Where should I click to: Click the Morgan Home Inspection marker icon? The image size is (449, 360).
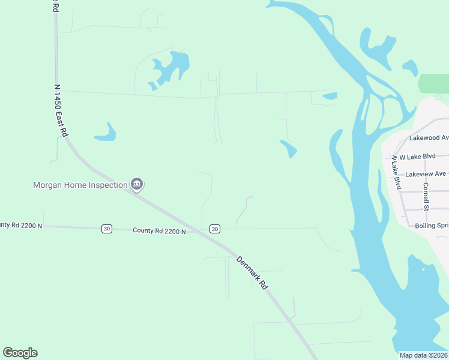[x=137, y=184]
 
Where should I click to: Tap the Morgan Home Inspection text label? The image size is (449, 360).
[x=80, y=185]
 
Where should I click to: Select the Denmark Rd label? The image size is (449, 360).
[x=252, y=274]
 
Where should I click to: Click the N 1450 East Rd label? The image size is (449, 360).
[x=58, y=112]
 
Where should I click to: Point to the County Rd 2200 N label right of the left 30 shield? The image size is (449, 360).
[x=159, y=230]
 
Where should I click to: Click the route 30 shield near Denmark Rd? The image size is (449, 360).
[x=215, y=229]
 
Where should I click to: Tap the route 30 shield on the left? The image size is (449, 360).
[x=106, y=229]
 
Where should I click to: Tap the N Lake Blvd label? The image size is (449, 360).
[x=396, y=173]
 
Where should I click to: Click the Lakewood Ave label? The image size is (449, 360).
[x=429, y=137]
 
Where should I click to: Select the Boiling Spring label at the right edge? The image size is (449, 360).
[x=432, y=226]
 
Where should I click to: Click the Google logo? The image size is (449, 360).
[x=20, y=353]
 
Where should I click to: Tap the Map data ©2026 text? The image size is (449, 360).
[x=423, y=355]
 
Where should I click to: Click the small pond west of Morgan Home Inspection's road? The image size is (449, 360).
[x=106, y=133]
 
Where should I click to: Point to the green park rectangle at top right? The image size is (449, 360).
[x=433, y=83]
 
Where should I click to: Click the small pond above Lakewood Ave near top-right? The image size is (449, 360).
[x=411, y=67]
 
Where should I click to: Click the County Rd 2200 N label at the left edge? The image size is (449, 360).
[x=21, y=225]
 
